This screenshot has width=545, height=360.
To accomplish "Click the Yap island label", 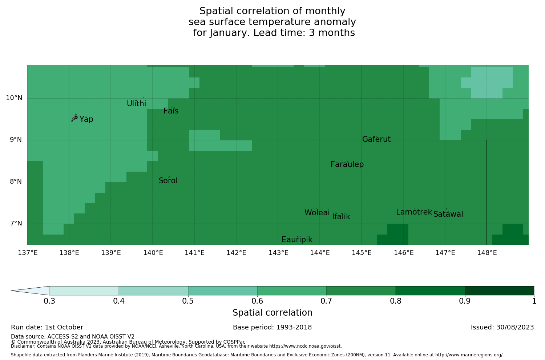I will click(x=86, y=119).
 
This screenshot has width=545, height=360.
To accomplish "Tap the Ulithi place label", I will click(x=136, y=104).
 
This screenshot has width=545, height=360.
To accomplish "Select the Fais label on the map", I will click(x=171, y=111).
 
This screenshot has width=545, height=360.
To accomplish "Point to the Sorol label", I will click(x=168, y=181).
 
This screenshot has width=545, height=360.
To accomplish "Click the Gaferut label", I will click(x=376, y=139).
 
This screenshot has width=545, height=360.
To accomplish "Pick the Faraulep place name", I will click(x=347, y=164).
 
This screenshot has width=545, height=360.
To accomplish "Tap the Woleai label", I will click(x=317, y=213).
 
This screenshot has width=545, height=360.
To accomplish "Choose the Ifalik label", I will click(x=341, y=217).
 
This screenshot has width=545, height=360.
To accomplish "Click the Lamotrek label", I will click(x=414, y=212).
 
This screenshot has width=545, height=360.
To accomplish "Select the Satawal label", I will click(x=448, y=214).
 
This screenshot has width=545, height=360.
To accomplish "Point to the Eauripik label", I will click(x=297, y=240).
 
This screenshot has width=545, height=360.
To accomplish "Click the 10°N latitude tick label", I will click(x=14, y=98).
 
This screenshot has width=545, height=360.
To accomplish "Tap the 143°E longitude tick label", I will click(x=278, y=253).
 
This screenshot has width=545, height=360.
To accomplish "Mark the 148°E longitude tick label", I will click(x=487, y=253).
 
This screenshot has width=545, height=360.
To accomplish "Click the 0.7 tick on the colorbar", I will click(x=327, y=301).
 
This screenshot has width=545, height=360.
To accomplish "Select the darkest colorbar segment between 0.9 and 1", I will click(x=499, y=291).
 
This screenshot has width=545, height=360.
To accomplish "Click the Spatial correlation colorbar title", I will click(x=272, y=313).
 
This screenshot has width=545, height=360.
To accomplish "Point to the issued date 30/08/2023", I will click(x=502, y=327).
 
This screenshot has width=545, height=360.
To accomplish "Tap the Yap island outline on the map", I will click(x=74, y=118).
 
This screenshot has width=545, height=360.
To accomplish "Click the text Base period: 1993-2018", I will click(x=272, y=327).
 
